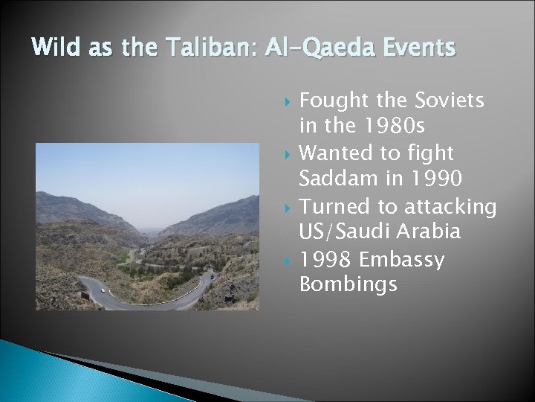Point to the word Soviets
[450, 101]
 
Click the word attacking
[446, 205]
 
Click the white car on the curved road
[103, 290]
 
